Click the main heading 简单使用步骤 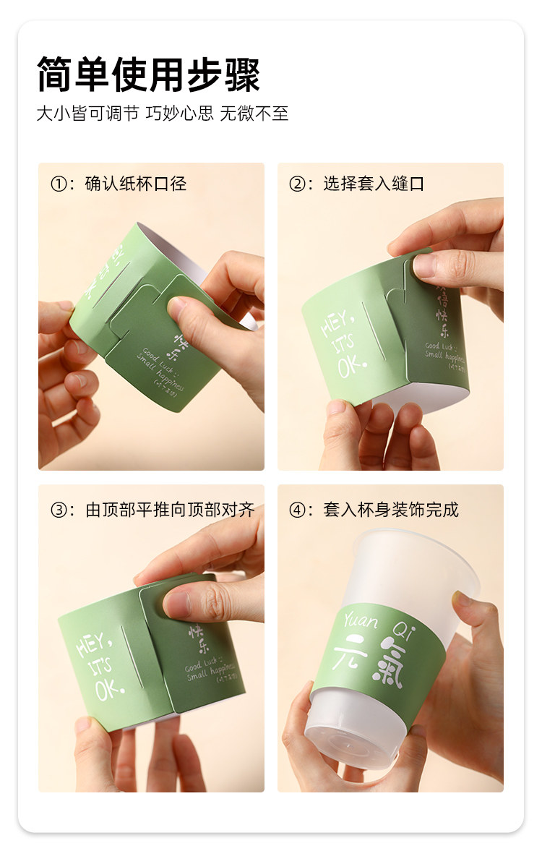click(148, 74)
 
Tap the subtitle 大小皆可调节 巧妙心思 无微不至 click(163, 114)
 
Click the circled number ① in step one click(59, 184)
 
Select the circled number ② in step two click(297, 184)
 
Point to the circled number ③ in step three click(59, 510)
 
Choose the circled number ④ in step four click(297, 510)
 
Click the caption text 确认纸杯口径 click(136, 184)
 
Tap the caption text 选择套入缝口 click(374, 184)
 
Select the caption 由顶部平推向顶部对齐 click(171, 510)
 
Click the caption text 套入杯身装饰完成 click(391, 510)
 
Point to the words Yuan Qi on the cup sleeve click(376, 621)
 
